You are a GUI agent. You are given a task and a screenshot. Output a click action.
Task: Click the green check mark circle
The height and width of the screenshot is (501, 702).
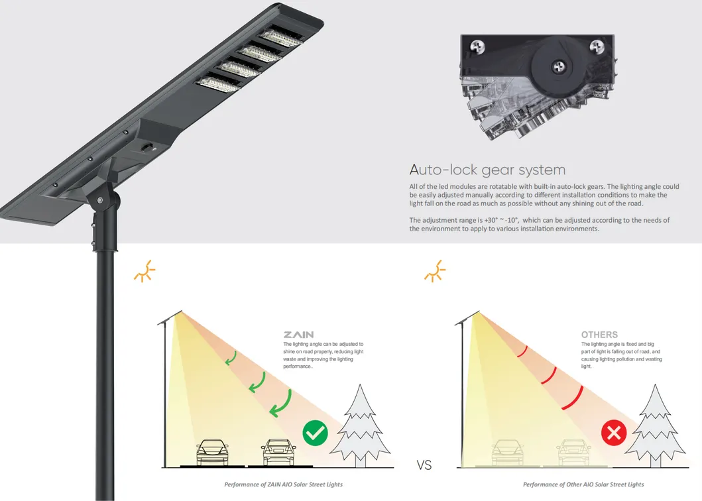(315, 433)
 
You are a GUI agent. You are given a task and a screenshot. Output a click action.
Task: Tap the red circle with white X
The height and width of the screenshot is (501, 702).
(614, 434)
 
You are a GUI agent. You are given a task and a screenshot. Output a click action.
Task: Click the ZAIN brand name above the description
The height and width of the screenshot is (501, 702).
(298, 335)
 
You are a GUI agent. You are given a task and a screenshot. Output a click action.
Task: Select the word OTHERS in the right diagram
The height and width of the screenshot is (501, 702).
(599, 335)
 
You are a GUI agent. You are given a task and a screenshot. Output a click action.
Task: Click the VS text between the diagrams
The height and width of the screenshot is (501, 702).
(424, 466)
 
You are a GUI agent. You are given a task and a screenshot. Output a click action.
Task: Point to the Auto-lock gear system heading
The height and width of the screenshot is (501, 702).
(487, 170)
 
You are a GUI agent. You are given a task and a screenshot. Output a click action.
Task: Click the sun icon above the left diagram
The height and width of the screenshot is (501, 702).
(143, 271)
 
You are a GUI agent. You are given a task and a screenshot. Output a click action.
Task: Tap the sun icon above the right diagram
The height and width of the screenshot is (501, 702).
(435, 271)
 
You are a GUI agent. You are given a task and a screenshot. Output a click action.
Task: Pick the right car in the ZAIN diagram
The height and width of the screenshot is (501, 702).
(278, 452)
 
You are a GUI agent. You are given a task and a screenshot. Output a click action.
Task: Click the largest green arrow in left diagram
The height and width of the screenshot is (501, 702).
(282, 403)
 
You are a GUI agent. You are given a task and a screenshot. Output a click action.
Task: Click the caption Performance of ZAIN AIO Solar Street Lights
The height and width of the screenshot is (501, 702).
(283, 484)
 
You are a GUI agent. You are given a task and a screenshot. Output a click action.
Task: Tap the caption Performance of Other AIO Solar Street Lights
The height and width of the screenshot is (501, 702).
(583, 484)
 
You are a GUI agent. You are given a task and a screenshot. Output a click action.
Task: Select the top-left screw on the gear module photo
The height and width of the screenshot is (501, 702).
(476, 46)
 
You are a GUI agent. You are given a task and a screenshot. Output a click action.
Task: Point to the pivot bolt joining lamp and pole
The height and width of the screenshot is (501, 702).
(100, 200)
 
